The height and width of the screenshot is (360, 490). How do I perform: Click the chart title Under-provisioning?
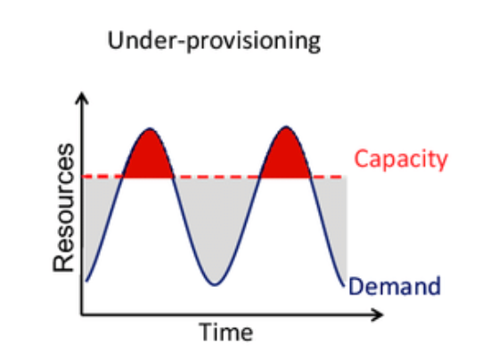[x=214, y=42]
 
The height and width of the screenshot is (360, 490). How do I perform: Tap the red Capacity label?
[x=401, y=160]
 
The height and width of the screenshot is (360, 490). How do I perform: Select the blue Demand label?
[x=395, y=286]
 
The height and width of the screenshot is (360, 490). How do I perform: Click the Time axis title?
[x=226, y=331]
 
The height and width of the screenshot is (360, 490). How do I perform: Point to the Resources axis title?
[x=64, y=208]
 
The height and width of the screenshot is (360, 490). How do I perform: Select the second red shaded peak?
[x=286, y=157]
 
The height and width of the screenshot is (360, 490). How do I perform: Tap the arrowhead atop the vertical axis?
[x=82, y=97]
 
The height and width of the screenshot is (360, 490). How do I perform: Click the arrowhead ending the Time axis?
[x=377, y=315]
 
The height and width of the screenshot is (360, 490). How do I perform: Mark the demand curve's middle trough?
[x=215, y=284]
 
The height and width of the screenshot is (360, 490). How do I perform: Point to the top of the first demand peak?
[x=150, y=128]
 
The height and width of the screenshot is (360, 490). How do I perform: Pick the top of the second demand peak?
[x=286, y=127]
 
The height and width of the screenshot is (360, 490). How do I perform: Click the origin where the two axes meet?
[x=82, y=314]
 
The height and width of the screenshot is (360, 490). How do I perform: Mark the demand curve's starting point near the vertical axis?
[x=86, y=281]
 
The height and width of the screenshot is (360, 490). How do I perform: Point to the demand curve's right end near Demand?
[x=343, y=285]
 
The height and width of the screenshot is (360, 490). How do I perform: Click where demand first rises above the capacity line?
[x=124, y=176]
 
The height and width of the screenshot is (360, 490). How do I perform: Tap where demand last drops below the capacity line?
[x=310, y=176]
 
